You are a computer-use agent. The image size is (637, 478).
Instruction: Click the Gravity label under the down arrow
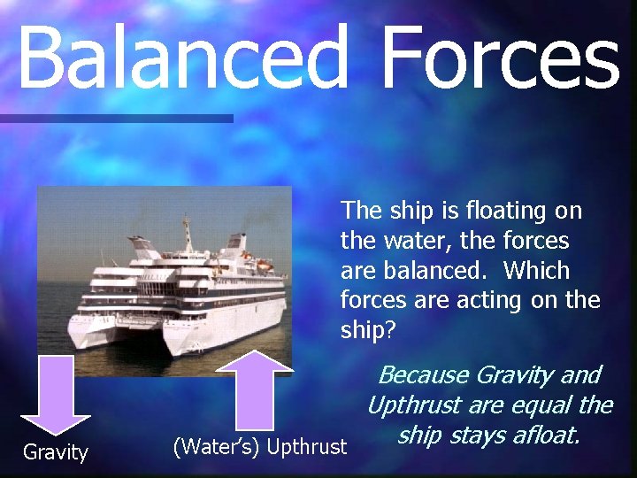[x=55, y=453]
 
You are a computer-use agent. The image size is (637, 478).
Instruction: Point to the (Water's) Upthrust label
[x=260, y=447]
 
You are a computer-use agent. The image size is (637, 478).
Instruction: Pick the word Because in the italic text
[x=423, y=375]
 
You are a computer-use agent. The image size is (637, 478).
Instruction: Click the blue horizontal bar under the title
[x=115, y=118]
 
